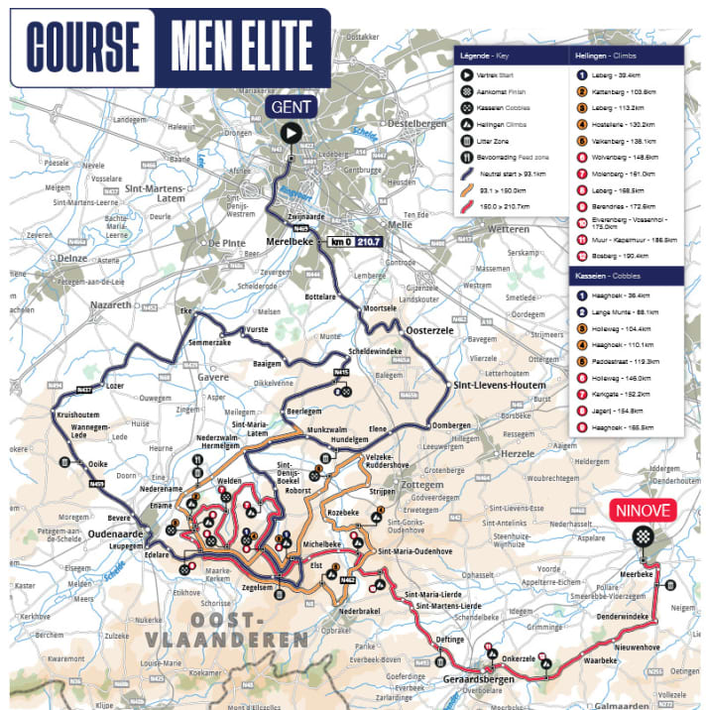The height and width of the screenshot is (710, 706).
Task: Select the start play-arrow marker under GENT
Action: tap(290, 134)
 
